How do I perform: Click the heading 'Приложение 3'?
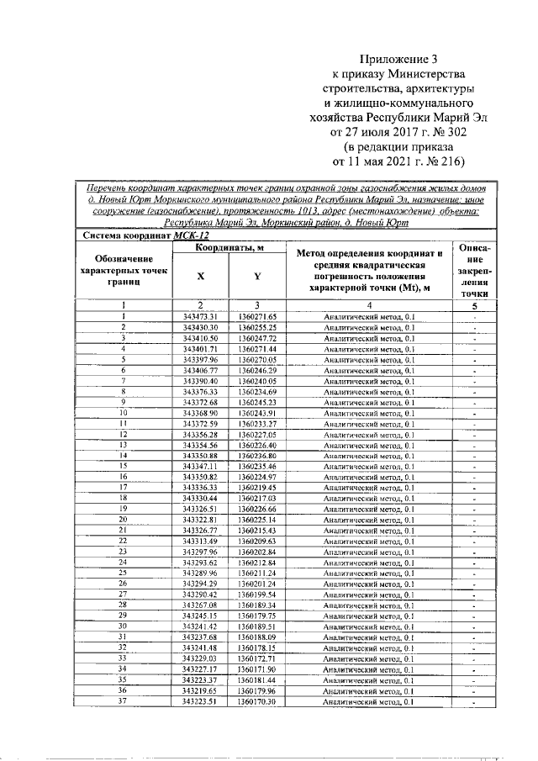[x=399, y=60]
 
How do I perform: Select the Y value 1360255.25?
[x=257, y=326]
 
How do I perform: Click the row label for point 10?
[x=123, y=413]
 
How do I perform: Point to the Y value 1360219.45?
[x=257, y=488]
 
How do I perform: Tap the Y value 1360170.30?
[x=257, y=701]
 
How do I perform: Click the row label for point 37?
[x=123, y=701]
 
